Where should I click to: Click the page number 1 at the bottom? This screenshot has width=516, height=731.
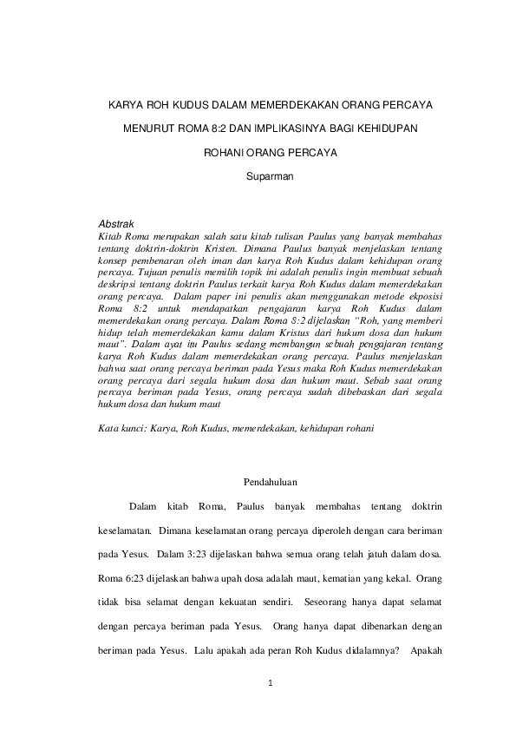(x=271, y=684)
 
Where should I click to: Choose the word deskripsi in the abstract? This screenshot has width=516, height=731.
(x=120, y=283)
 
